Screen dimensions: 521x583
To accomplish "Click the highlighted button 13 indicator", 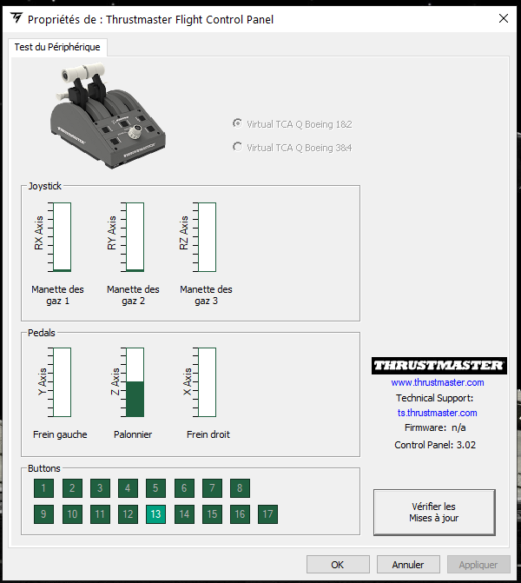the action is coord(155,513).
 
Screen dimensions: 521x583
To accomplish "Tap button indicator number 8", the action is coord(240,487).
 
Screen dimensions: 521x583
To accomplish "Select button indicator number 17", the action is coord(267,513).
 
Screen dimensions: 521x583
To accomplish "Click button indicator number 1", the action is coord(43,487).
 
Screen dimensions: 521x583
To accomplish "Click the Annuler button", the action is coord(408,565).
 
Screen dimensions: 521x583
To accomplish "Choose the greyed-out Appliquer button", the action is coord(478,565).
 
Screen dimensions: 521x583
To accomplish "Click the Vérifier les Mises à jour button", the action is coord(434,513).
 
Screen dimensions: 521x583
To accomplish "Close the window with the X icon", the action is coord(504,18).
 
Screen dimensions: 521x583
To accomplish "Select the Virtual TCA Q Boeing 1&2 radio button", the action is coord(237,123).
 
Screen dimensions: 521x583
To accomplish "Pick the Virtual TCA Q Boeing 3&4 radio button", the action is coord(237,147).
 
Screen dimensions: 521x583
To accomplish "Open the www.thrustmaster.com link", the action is coord(438,382).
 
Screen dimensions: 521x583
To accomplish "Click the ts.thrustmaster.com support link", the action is coord(438,413).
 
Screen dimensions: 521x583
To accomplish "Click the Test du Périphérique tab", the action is coord(57,47).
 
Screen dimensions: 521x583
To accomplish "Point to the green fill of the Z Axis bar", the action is coord(135,399).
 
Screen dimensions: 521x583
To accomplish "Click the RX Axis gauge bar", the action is coord(62,237).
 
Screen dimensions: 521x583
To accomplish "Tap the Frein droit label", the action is coord(208,434).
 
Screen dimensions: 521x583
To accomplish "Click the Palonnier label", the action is coord(133,434).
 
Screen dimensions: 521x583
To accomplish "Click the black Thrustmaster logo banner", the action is coord(439,366).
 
